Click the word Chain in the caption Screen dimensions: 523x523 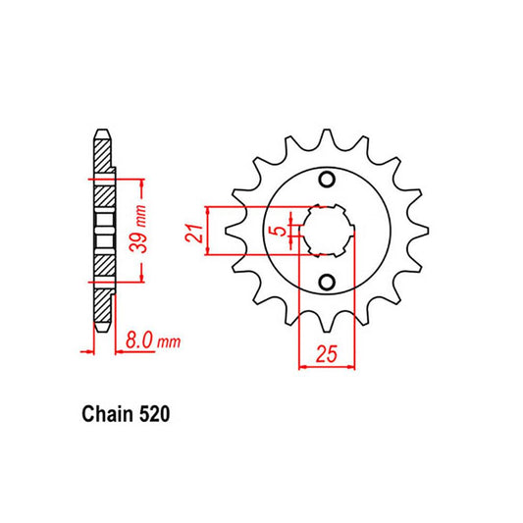(x=101, y=415)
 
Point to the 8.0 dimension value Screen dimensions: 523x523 (x=138, y=342)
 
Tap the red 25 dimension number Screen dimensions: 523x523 (x=327, y=352)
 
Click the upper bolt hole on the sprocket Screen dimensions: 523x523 (x=328, y=180)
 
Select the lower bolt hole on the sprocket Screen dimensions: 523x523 (x=328, y=285)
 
